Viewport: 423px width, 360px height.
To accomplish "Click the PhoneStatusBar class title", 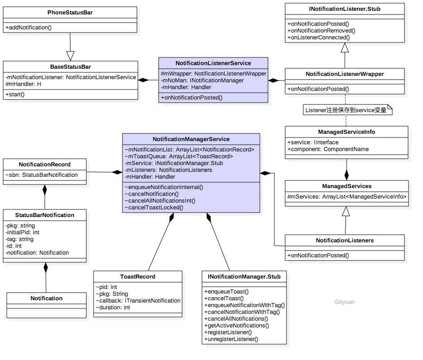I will click(70, 12).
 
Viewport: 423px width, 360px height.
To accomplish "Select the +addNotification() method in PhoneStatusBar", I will click(29, 28).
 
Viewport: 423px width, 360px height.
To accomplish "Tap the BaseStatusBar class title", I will click(70, 66).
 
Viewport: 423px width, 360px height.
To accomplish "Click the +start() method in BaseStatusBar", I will click(15, 94).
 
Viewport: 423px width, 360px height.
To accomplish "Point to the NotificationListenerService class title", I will click(213, 63).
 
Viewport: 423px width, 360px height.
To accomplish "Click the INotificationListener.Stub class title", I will click(345, 9).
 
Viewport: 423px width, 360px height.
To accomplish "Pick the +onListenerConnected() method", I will click(319, 38).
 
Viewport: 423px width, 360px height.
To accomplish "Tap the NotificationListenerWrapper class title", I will click(345, 74).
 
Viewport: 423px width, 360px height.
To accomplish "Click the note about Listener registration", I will click(346, 110).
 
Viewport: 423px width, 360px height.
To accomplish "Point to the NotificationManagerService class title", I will click(191, 139).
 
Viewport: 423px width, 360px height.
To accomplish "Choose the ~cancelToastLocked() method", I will click(154, 207).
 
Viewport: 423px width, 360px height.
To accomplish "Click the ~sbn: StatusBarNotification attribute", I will click(42, 175).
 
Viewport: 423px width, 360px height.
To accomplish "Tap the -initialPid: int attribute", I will click(23, 232).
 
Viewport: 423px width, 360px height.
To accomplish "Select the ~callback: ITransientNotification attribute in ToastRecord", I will click(138, 300).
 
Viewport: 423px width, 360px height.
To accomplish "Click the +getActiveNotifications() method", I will click(236, 325).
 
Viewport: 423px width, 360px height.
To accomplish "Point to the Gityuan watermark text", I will click(344, 302).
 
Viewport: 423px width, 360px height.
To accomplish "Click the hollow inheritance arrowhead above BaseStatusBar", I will click(70, 56).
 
